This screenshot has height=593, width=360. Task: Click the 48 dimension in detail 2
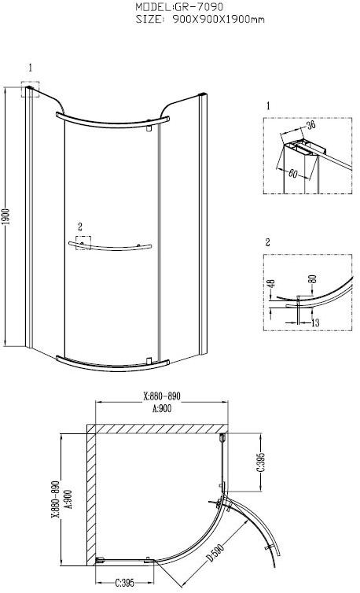pos(270,288)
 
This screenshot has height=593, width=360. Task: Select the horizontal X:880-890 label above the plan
pos(162,396)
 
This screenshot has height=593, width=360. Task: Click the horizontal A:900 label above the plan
pos(162,407)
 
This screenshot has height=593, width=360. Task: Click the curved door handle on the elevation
pos(109,248)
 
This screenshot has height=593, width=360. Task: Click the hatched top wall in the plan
pos(158,428)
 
